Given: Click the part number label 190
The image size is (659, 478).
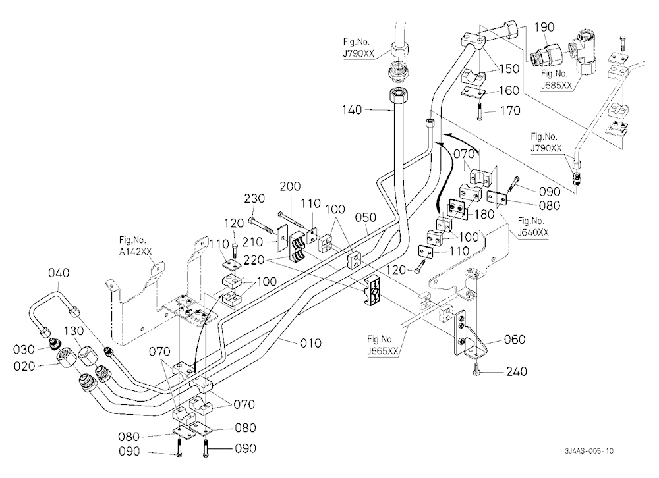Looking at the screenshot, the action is tap(544, 27).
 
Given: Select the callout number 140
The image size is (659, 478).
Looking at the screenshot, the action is tap(352, 110).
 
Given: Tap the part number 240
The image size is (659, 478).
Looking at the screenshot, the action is tap(517, 372).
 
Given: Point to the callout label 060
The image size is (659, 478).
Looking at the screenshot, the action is tap(515, 339).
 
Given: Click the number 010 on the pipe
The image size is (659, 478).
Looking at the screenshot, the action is tap(310, 343).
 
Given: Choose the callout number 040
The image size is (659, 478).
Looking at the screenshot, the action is tap(59, 273).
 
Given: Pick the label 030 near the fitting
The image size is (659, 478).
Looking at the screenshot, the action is tap(24, 349).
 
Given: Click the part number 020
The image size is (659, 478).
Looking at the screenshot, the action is tap(24, 366).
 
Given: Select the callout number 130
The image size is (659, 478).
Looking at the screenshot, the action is tap(74, 331).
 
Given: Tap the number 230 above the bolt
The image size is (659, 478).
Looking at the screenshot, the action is tap(254, 198).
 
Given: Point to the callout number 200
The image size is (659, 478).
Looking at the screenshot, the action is tap(290, 186).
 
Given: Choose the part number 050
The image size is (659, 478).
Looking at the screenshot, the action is tap(365, 217).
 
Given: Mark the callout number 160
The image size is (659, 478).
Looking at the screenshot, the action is tap(509, 91).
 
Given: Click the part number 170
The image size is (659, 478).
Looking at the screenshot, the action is tap(510, 111).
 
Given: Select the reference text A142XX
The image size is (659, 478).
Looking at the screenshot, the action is tap(135, 252).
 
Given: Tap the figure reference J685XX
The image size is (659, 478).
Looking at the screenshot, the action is tap(556, 86).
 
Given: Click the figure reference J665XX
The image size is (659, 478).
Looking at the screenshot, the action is tap(382, 351).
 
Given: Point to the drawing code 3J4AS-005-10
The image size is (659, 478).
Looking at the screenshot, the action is tap(589, 451).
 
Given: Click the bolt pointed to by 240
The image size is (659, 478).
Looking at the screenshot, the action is tap(475, 369).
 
